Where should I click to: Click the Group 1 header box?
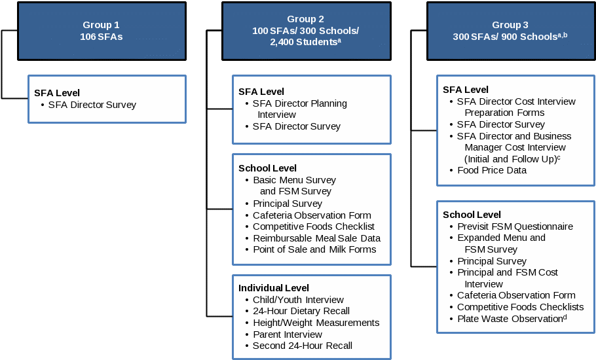102,31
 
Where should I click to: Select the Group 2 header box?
306,31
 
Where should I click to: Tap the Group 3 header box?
510,31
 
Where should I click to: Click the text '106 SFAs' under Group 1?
102,37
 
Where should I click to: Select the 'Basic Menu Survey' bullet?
294,180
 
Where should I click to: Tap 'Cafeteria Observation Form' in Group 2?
312,215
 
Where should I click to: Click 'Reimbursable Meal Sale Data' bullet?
316,238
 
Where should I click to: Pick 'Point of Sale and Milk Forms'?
314,249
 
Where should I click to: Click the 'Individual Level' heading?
274,288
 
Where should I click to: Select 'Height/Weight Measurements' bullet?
316,323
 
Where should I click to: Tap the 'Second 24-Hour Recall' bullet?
302,346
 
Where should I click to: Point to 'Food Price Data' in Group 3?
491,170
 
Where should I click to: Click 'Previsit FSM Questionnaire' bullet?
515,226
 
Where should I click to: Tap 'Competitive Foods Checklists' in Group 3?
520,307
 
